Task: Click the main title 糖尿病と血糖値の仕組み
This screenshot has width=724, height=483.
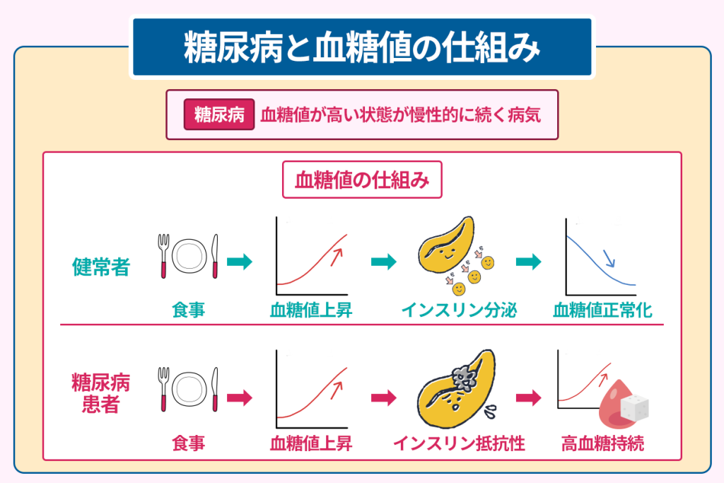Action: pos(362,47)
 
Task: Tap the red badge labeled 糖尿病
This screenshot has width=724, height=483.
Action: pos(218,115)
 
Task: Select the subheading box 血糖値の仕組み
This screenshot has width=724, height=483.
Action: pos(362,181)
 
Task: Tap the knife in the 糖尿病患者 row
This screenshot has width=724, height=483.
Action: pos(216,388)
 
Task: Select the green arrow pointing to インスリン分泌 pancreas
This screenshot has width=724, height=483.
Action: pos(383,262)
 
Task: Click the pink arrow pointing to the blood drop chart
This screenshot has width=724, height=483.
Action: pos(527,397)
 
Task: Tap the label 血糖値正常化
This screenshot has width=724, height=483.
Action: pos(602,310)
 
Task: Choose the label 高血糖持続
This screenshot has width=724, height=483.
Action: pos(602,443)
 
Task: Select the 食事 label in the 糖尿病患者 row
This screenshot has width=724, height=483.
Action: pos(188,443)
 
